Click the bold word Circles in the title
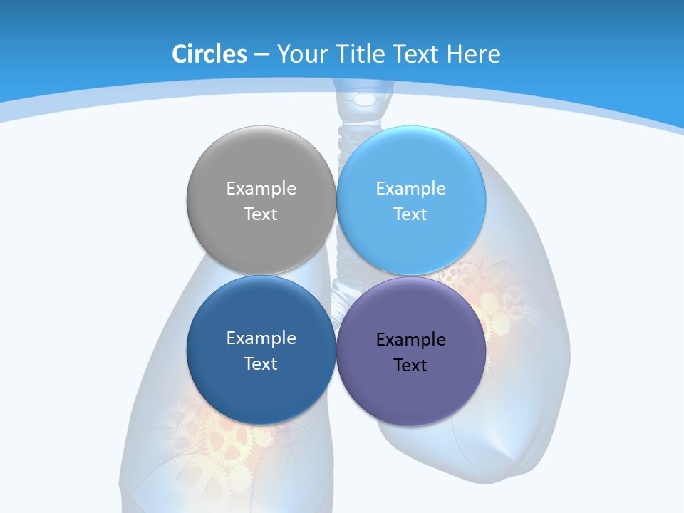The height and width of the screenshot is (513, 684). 209,53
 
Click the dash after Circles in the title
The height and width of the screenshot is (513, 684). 261,54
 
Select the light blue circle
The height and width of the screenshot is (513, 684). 411,242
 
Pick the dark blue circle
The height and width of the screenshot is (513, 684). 261,392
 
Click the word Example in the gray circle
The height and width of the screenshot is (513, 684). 261,188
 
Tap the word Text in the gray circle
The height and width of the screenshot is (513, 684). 261,214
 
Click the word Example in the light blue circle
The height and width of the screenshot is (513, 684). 411,188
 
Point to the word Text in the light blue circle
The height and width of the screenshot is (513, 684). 411,214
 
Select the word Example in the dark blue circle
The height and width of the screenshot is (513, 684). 261,338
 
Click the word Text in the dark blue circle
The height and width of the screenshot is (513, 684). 261,363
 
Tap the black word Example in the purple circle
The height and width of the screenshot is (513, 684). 411,339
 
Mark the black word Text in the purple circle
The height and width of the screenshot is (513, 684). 411,365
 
